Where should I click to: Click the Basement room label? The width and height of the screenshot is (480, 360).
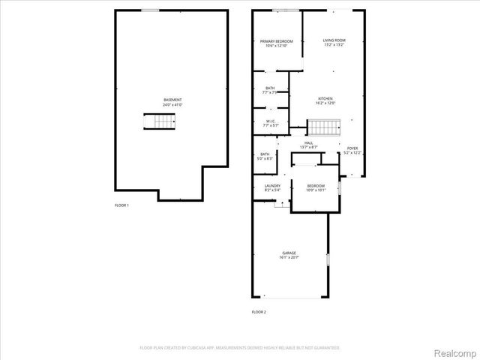[172, 100]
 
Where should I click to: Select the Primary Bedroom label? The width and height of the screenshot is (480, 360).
[276, 41]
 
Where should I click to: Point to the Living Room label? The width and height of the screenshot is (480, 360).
[334, 41]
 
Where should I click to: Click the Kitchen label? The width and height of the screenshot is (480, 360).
[325, 98]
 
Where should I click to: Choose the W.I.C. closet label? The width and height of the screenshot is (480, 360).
[270, 121]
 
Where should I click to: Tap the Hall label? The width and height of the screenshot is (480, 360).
[309, 142]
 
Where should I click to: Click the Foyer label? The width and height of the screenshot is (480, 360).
[352, 148]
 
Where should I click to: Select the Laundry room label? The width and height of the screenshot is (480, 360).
[271, 186]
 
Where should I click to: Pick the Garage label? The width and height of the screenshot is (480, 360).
[289, 253]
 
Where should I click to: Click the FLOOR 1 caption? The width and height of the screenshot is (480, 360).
[121, 205]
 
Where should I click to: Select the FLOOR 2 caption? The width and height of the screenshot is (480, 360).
[259, 311]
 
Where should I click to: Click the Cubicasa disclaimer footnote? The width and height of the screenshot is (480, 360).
[240, 348]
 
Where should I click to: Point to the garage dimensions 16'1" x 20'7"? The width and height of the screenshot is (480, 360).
[289, 257]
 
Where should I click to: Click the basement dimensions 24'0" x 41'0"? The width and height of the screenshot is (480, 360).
[172, 104]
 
